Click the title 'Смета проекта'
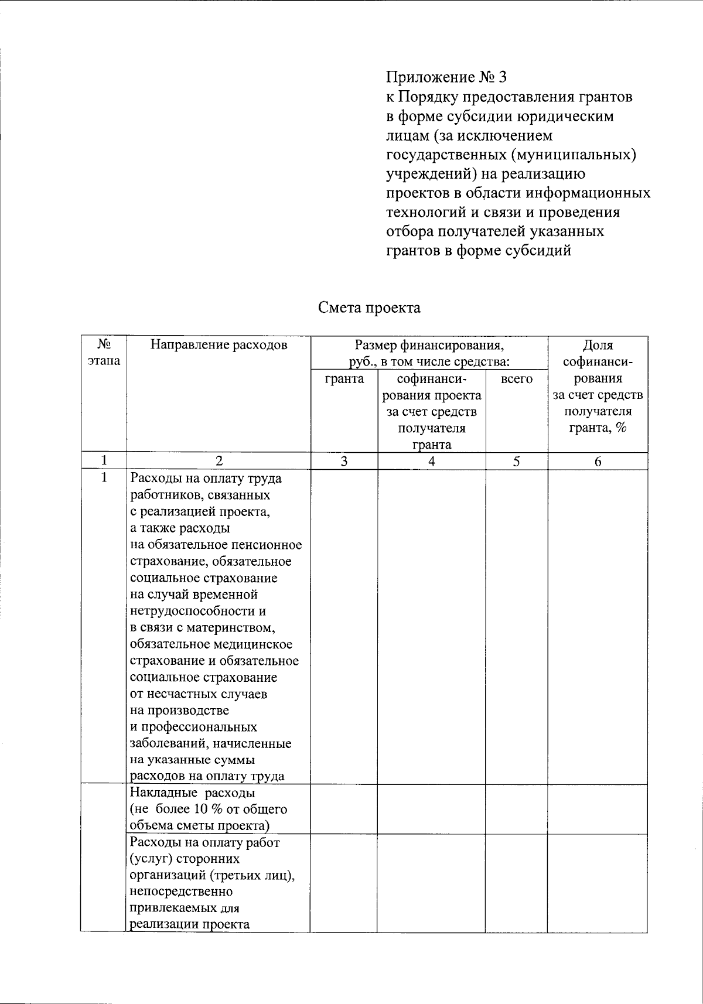(x=369, y=308)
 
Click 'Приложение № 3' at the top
(x=445, y=77)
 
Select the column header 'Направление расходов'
(x=219, y=345)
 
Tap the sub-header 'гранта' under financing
(x=344, y=379)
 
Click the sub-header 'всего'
(x=517, y=379)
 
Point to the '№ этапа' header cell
(x=104, y=352)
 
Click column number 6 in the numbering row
(x=598, y=462)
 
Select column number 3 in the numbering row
(x=344, y=462)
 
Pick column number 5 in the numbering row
(x=516, y=462)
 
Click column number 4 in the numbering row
(x=431, y=462)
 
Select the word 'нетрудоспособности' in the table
(x=192, y=612)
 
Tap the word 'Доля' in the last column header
(x=598, y=345)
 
